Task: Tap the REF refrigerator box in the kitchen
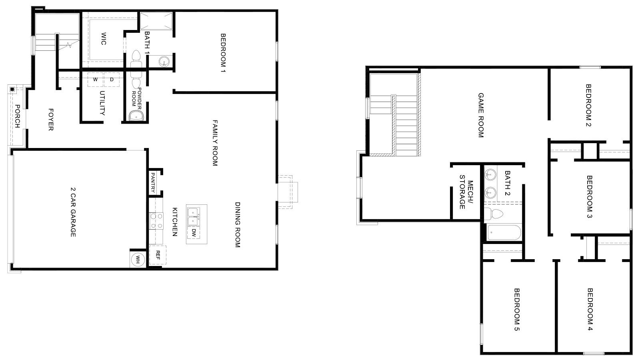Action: tap(158, 255)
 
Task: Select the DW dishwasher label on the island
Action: tap(194, 232)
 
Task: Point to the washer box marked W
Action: tap(95, 80)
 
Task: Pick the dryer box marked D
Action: tap(112, 80)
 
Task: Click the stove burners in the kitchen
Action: tap(156, 221)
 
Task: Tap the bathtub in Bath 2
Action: tap(504, 233)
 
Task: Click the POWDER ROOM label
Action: tap(136, 96)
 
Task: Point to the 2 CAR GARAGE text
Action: tap(73, 212)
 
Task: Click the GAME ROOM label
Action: tap(481, 115)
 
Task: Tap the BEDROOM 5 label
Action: tap(516, 310)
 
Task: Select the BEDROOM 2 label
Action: tap(588, 105)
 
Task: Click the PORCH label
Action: tap(17, 116)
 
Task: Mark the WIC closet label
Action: tap(103, 39)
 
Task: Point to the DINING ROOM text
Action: tap(237, 224)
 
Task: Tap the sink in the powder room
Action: tap(136, 116)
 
